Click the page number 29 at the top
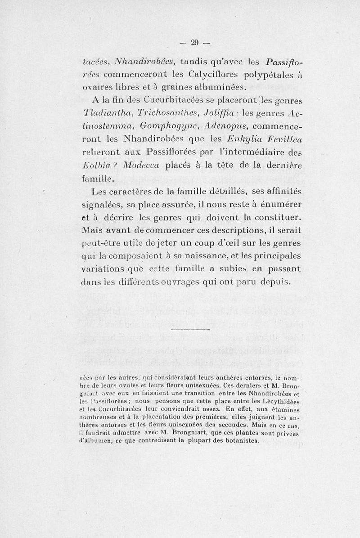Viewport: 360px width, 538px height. coord(194,43)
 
